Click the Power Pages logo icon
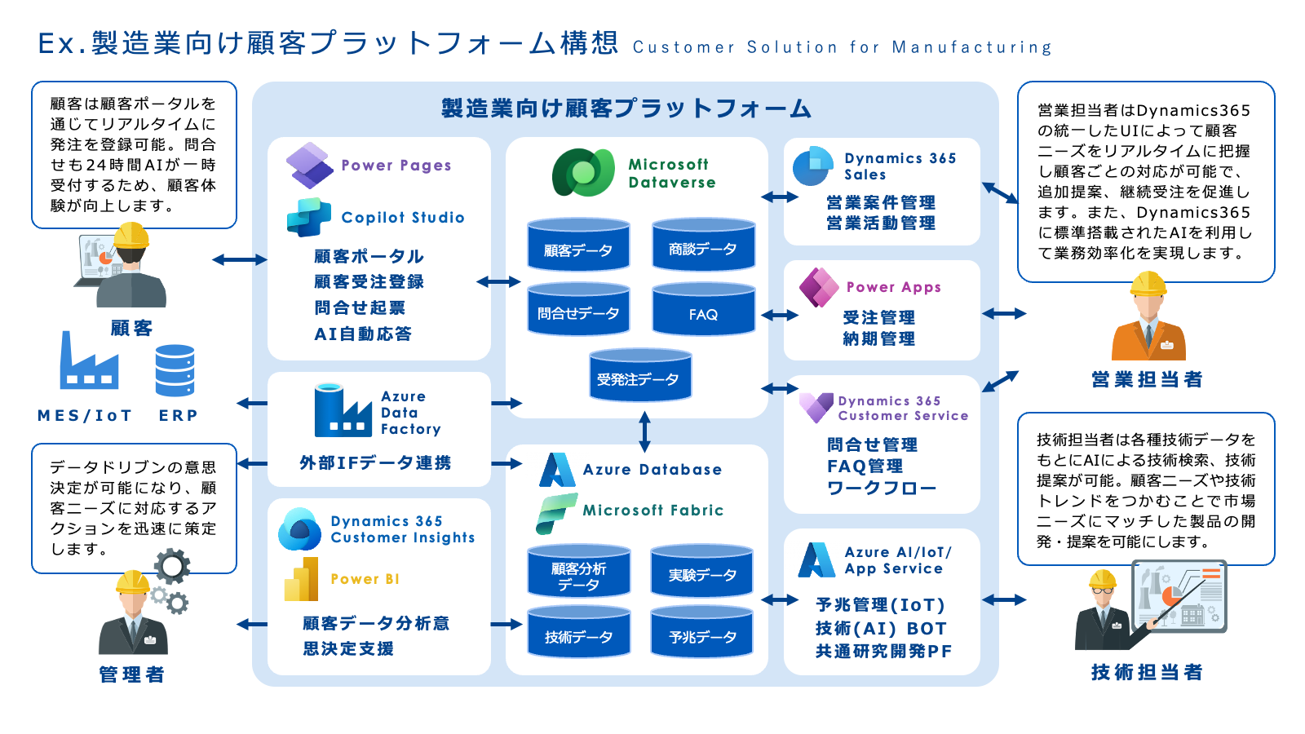pyautogui.click(x=309, y=165)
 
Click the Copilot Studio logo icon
pyautogui.click(x=308, y=217)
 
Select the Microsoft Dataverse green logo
pyautogui.click(x=582, y=172)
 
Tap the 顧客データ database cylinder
pyautogui.click(x=578, y=245)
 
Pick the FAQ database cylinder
pyautogui.click(x=703, y=309)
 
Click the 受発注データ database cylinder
pyautogui.click(x=640, y=375)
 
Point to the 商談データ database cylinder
pyautogui.click(x=703, y=244)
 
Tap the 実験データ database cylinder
pyautogui.click(x=701, y=571)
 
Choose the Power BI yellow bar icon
pyautogui.click(x=301, y=579)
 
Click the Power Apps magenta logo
pyautogui.click(x=819, y=287)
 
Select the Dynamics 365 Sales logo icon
pyautogui.click(x=812, y=166)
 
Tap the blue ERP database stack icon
pyautogui.click(x=175, y=370)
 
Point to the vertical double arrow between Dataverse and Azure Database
pyautogui.click(x=644, y=431)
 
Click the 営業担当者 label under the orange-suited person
pyautogui.click(x=1147, y=379)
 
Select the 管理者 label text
pyautogui.click(x=131, y=674)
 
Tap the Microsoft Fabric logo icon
pyautogui.click(x=556, y=512)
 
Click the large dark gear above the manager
pyautogui.click(x=172, y=565)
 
